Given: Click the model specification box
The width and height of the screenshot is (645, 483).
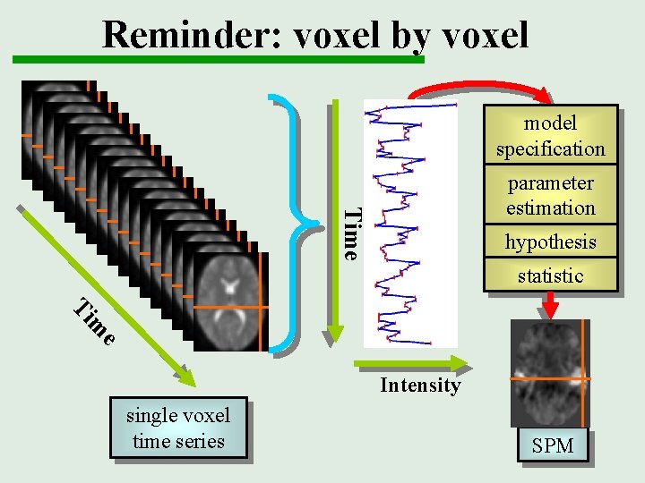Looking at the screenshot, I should click(550, 136).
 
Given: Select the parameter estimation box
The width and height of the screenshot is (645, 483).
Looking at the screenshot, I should click(550, 195).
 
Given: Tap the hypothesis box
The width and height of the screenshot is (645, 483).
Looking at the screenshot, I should click(550, 241).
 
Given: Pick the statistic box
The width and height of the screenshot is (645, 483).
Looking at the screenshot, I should click(550, 275).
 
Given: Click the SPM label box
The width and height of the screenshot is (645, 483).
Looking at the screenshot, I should click(552, 445).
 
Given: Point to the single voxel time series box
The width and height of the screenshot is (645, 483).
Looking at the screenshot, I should click(178, 428).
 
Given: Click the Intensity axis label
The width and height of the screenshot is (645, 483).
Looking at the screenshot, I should click(419, 386).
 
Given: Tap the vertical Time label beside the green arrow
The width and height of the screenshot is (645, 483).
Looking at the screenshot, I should click(353, 233).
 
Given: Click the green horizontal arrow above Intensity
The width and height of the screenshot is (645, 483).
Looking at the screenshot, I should click(412, 362).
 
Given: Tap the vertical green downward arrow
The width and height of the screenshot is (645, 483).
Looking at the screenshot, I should click(334, 224).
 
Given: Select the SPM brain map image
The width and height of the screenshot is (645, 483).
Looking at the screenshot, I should click(549, 374).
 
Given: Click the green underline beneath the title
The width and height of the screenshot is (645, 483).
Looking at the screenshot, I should click(215, 59).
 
